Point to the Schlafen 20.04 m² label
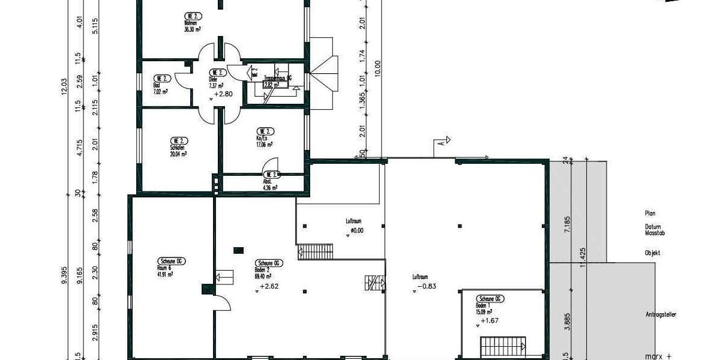[178, 150]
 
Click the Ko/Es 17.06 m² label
[264, 140]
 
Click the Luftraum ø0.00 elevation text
[358, 230]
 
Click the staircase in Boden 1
[503, 347]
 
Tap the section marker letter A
[441, 143]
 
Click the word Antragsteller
[661, 314]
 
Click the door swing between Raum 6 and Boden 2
[221, 302]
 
